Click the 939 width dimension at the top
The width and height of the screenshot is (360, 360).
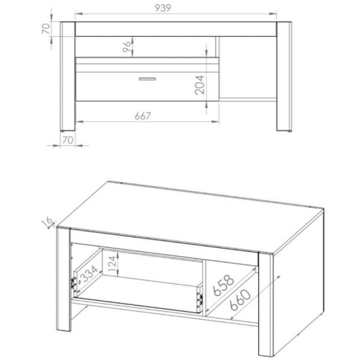163,8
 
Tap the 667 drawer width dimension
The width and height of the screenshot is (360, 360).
142,116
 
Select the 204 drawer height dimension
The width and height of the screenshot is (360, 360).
200,85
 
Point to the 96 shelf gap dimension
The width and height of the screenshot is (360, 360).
127,47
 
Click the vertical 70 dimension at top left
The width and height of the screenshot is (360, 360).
46,28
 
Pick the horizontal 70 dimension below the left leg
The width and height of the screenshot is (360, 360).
68,140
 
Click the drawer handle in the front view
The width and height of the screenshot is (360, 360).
148,79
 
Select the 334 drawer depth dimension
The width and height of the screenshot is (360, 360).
89,274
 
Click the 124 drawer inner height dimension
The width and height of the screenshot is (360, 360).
112,263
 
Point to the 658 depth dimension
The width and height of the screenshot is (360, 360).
223,285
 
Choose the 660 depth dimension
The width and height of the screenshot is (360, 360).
240,300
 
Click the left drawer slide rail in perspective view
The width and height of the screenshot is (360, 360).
74,283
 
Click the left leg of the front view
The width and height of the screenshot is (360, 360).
67,77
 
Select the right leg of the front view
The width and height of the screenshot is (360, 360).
284,77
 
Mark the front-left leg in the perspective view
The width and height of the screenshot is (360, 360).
64,279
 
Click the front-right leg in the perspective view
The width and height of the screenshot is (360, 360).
266,304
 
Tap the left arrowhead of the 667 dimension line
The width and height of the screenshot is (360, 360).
79,122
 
